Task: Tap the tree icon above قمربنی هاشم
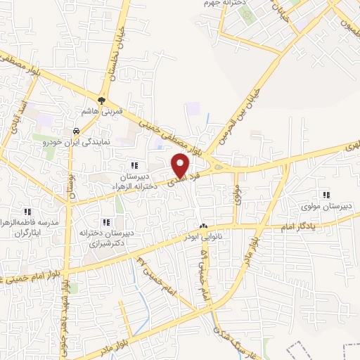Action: point(102,100)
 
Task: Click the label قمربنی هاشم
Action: point(102,110)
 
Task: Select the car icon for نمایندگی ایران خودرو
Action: point(75,131)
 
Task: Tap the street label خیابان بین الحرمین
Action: point(237,116)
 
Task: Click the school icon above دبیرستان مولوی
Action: point(325,195)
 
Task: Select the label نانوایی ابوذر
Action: point(204,238)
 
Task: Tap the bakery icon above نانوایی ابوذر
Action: point(204,226)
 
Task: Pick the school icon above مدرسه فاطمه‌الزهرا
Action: point(28,211)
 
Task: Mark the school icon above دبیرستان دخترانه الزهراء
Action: point(134,165)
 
